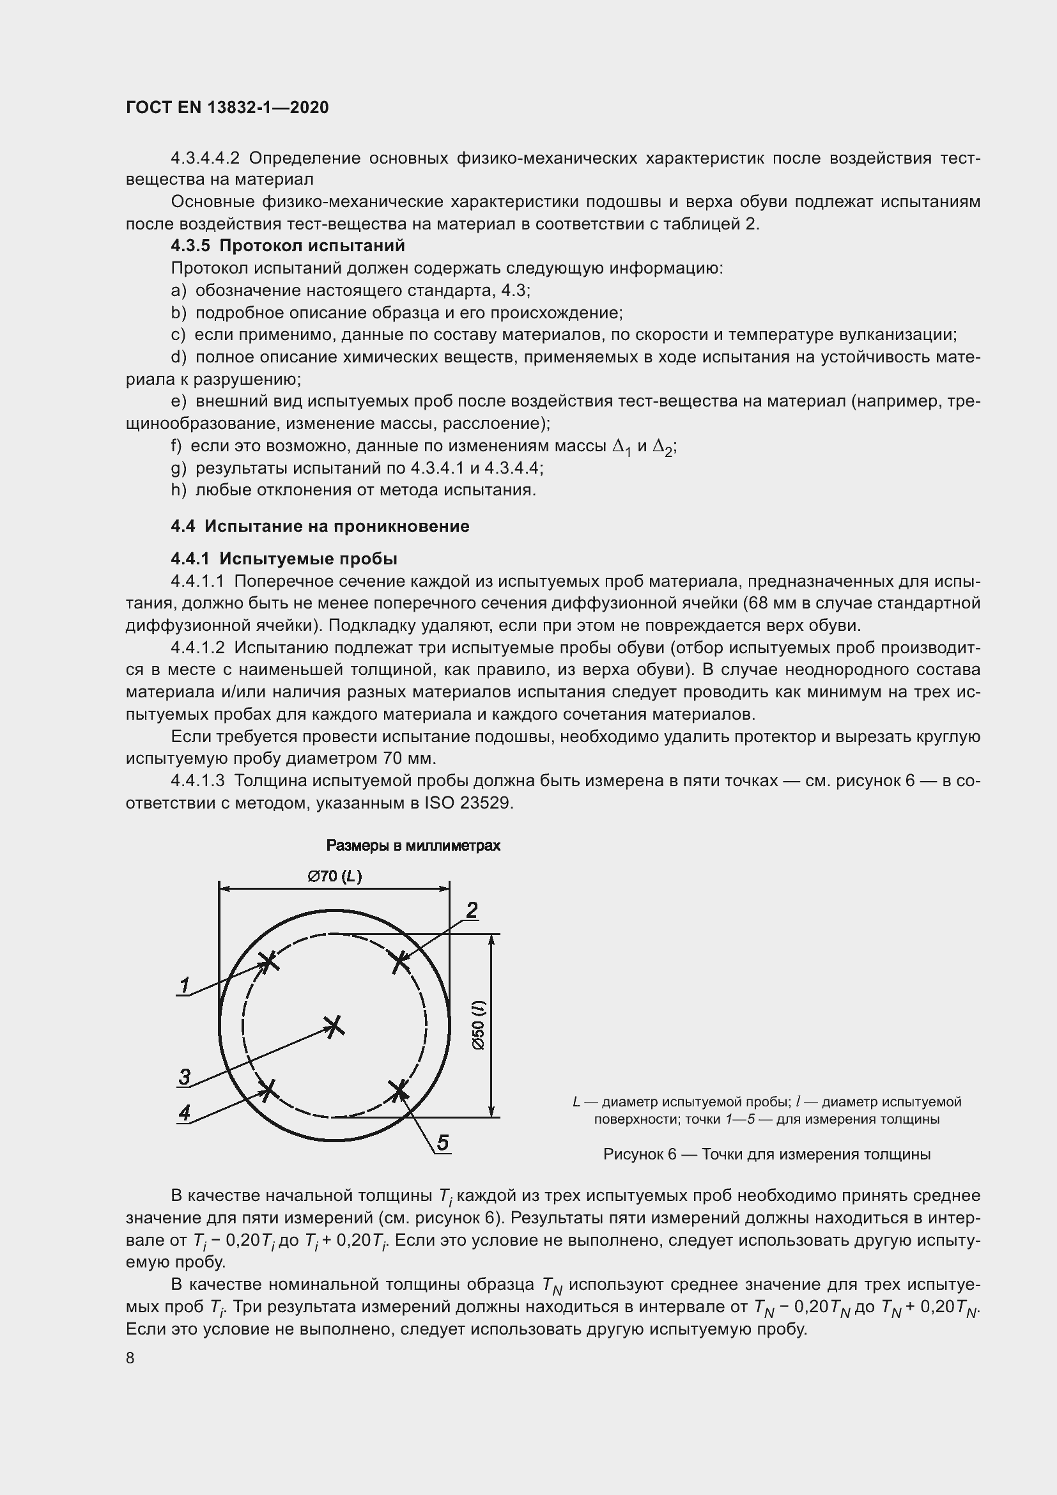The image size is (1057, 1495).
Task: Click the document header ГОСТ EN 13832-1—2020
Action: pos(227,107)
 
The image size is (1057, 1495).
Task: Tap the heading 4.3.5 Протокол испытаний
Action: pos(288,245)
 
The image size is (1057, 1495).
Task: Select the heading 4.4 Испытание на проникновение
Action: pos(320,526)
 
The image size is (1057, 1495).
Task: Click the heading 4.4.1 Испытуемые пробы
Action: pos(284,559)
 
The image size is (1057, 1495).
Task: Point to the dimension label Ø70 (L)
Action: pos(334,876)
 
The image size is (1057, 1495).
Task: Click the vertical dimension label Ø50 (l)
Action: pos(479,1025)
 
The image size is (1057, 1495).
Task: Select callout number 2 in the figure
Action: pos(472,910)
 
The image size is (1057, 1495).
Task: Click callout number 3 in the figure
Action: pos(185,1076)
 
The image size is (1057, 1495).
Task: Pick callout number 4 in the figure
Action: pos(185,1112)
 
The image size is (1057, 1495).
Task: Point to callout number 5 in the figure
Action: pos(443,1142)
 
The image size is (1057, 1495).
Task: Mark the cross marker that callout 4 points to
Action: pos(268,1090)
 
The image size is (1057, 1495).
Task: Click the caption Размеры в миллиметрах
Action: pos(413,846)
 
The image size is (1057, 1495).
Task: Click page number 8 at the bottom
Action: pos(130,1358)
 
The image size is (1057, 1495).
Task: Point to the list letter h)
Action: pos(179,490)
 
